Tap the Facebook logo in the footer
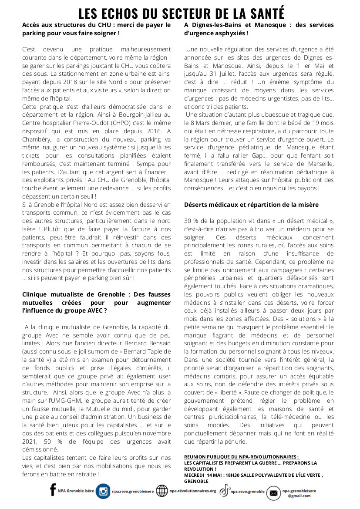(53, 490)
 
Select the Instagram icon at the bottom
(103, 491)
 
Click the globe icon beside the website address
(161, 491)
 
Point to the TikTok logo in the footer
(224, 491)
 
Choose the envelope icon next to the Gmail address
(273, 493)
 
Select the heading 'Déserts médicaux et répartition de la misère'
(251, 205)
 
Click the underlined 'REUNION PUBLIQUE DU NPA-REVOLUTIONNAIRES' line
(242, 457)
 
